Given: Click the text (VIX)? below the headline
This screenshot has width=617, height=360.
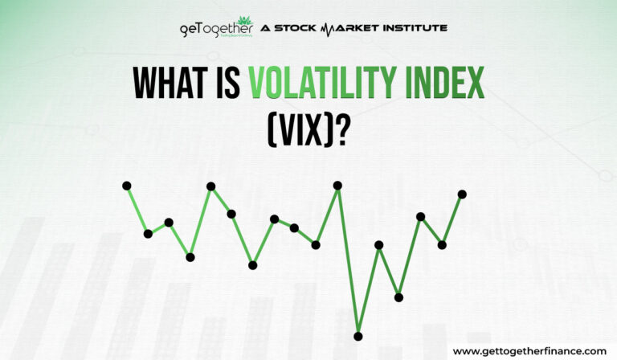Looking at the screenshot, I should [308, 128].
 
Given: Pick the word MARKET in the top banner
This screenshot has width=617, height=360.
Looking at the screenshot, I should [348, 28].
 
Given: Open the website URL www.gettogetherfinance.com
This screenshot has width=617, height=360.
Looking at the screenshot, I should [529, 351].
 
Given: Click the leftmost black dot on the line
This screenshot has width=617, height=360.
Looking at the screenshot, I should [127, 186].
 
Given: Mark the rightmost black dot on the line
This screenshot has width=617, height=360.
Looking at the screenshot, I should [462, 194].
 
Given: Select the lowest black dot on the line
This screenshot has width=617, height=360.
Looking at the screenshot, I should [358, 336].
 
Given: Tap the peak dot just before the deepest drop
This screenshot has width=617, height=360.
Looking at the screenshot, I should [337, 186].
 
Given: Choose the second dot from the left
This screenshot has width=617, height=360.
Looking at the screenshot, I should [148, 234].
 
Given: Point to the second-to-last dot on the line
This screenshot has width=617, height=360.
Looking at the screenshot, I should [442, 244].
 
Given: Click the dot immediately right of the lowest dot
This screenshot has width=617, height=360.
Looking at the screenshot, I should [379, 244].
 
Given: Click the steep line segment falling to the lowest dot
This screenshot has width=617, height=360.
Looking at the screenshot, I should [348, 261].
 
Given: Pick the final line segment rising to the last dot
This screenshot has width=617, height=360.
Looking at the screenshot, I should [452, 219].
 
